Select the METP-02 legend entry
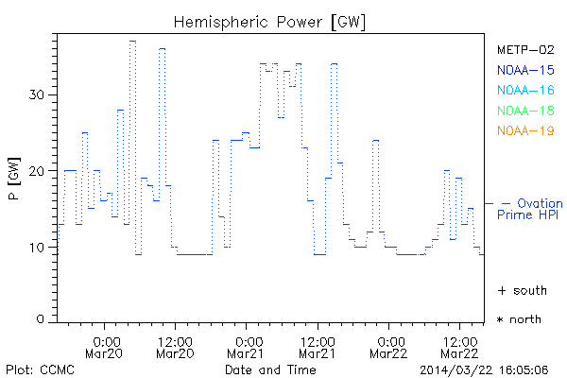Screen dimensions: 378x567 525,50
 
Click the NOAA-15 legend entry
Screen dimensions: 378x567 525,70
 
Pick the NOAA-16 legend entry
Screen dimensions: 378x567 525,90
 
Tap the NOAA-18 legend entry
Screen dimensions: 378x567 525,111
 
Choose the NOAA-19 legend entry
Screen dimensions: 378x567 525,130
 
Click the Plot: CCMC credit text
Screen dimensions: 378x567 37,369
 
